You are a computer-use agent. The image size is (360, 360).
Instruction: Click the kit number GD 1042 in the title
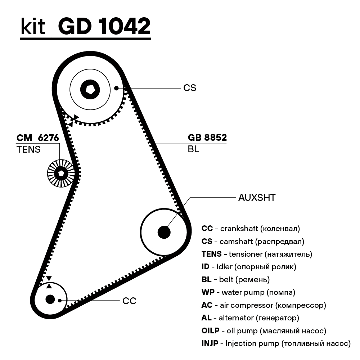tap(104, 26)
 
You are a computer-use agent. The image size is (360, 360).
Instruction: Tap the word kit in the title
tap(33, 26)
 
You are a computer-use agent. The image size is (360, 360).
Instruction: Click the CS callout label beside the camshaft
tap(190, 88)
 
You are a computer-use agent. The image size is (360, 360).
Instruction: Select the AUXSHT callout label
tap(257, 198)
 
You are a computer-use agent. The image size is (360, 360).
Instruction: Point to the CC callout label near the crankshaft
tap(129, 301)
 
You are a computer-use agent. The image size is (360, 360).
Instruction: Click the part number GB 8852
tap(207, 138)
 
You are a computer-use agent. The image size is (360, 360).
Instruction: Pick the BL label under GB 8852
tap(193, 149)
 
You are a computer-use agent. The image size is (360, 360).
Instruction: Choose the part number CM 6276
tap(38, 138)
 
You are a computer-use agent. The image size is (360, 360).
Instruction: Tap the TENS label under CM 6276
tap(28, 149)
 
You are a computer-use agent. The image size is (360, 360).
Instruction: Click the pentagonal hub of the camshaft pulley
tap(89, 88)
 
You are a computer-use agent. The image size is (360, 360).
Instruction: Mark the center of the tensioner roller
tap(61, 173)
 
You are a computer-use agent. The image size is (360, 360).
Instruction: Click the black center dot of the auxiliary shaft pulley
tap(164, 232)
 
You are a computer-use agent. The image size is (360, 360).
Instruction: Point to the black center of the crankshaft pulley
tap(50, 299)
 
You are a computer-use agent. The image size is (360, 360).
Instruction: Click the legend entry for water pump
tap(248, 292)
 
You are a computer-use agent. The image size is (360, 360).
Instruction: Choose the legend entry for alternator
tap(250, 318)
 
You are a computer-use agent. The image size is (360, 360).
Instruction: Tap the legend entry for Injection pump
tap(276, 343)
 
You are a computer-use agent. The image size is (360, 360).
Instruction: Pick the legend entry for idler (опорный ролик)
tap(249, 267)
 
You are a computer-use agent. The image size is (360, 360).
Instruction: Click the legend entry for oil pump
tap(264, 330)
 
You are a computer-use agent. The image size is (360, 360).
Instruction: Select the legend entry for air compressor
tap(264, 305)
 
